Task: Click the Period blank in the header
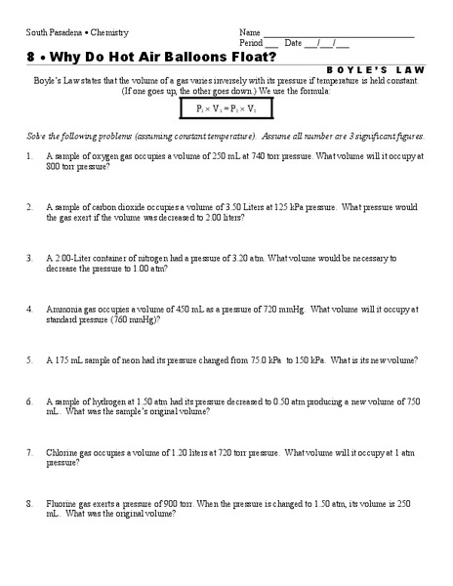[x=271, y=46]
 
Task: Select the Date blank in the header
[x=328, y=46]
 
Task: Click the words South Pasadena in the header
[x=58, y=33]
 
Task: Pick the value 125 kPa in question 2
[x=306, y=207]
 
